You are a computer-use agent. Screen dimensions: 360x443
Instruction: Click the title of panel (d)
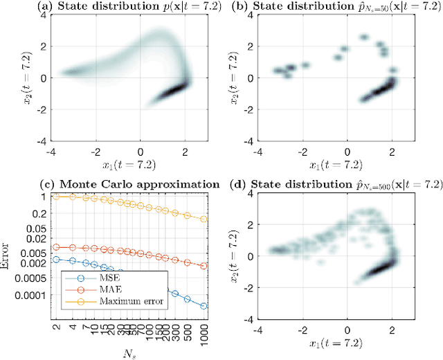(332, 184)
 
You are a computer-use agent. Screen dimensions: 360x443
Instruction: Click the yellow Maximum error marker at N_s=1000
(204, 219)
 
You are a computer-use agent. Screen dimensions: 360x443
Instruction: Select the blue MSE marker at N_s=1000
(204, 305)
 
